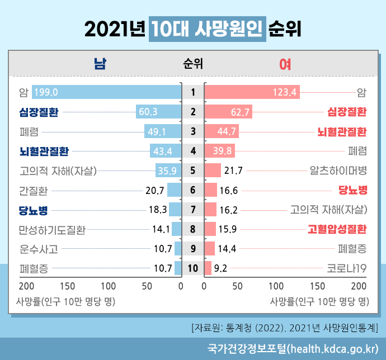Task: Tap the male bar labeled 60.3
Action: [158, 112]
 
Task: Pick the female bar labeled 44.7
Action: [222, 132]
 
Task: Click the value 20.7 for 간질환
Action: [154, 191]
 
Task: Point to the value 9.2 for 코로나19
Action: [220, 268]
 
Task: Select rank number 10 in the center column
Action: [193, 268]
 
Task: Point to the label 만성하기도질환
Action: [52, 229]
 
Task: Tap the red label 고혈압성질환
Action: [337, 229]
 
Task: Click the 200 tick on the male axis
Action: [26, 286]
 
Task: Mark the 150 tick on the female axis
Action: [318, 286]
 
